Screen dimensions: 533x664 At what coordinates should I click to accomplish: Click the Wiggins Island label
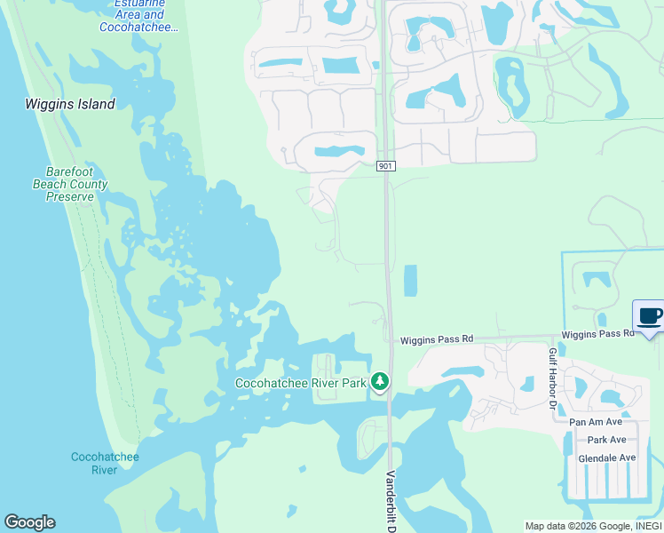pyautogui.click(x=70, y=104)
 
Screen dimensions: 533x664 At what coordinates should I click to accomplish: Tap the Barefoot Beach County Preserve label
pyautogui.click(x=76, y=184)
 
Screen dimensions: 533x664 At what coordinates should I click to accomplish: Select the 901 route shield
pyautogui.click(x=385, y=166)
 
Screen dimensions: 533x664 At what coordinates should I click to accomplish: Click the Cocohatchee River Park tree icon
pyautogui.click(x=380, y=381)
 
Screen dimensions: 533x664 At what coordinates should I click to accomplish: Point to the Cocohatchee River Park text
pyautogui.click(x=300, y=383)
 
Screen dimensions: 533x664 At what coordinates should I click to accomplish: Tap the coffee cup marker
pyautogui.click(x=649, y=316)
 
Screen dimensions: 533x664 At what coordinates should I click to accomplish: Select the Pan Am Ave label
pyautogui.click(x=597, y=422)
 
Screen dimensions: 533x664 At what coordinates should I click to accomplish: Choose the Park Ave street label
pyautogui.click(x=606, y=440)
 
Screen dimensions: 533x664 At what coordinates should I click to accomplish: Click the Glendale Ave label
pyautogui.click(x=607, y=457)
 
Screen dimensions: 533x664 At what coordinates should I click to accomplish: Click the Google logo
pyautogui.click(x=29, y=522)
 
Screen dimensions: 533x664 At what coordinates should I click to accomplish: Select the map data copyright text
pyautogui.click(x=593, y=526)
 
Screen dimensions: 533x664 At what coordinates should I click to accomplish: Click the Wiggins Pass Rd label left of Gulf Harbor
pyautogui.click(x=437, y=339)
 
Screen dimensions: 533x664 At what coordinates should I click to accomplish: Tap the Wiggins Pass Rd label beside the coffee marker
pyautogui.click(x=597, y=333)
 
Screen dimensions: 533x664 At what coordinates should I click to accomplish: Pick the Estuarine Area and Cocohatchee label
pyautogui.click(x=140, y=15)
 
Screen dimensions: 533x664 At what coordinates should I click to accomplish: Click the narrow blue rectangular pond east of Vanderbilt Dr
pyautogui.click(x=410, y=281)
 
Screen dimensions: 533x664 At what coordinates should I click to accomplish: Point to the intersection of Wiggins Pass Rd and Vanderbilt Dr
pyautogui.click(x=390, y=339)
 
